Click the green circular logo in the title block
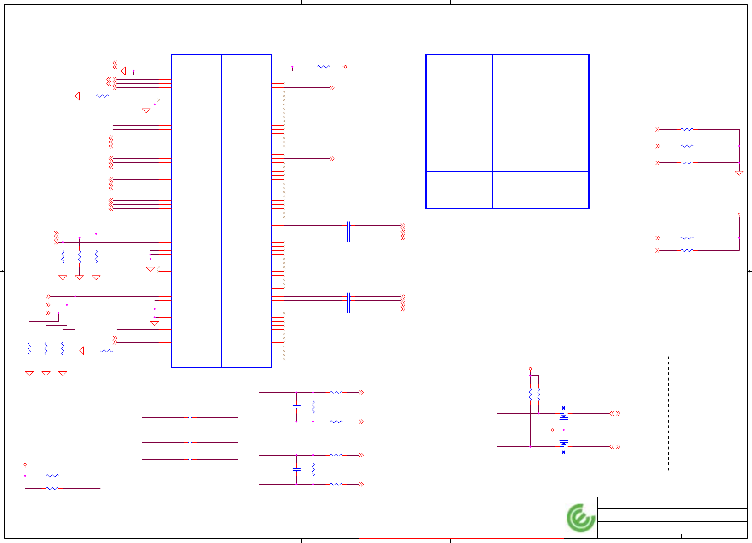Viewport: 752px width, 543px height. tap(581, 518)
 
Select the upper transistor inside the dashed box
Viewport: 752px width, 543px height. tap(564, 412)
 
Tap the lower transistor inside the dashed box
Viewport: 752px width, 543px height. tap(564, 447)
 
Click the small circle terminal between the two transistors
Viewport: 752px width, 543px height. tap(553, 430)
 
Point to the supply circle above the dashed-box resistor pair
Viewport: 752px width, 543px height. tap(530, 369)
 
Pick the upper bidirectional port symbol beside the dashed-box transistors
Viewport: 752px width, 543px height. tap(615, 413)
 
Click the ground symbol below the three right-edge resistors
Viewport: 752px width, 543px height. tap(739, 173)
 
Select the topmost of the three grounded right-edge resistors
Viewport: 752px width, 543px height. tap(687, 130)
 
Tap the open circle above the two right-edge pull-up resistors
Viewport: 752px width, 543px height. tap(739, 214)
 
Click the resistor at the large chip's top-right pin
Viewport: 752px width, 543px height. tap(324, 67)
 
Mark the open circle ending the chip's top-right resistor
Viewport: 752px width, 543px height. tap(345, 67)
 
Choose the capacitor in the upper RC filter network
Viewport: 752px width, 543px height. tap(296, 407)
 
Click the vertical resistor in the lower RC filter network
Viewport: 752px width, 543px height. tap(313, 470)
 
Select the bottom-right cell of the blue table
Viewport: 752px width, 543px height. tap(540, 190)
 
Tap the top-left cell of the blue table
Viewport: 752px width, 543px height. tap(436, 65)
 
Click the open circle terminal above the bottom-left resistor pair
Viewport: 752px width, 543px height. tap(25, 465)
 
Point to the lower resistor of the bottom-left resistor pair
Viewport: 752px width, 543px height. tap(52, 488)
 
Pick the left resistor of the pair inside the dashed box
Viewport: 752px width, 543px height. tap(530, 394)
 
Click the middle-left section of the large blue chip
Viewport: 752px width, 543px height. tap(197, 252)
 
